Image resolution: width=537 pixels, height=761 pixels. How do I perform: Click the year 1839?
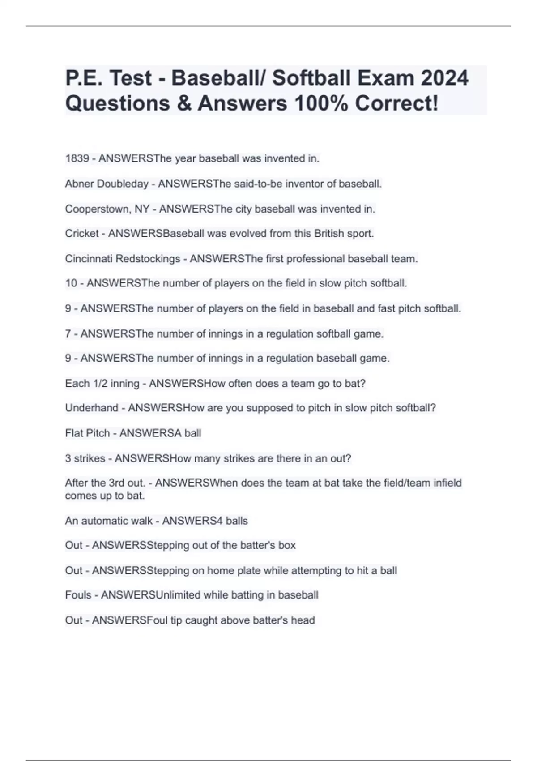(77, 158)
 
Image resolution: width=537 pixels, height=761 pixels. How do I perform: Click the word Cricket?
(82, 234)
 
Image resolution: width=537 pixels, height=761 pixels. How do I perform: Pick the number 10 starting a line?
(71, 283)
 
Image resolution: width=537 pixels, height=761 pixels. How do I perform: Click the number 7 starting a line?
(68, 333)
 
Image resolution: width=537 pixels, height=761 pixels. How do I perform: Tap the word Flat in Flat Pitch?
(74, 433)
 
